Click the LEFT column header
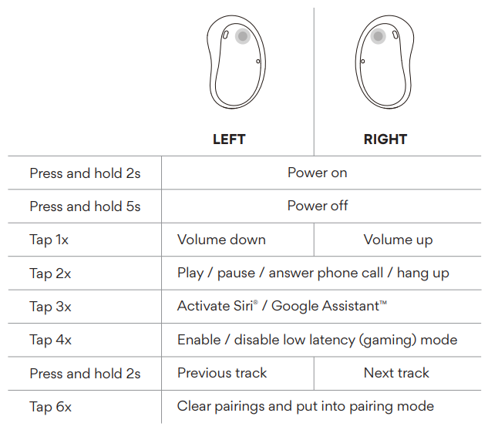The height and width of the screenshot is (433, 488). [229, 139]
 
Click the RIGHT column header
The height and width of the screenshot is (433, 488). [385, 139]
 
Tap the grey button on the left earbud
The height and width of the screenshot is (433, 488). [243, 36]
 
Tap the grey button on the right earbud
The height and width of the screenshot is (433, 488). [378, 36]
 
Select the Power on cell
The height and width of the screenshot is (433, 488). [317, 173]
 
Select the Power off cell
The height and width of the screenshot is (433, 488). [317, 206]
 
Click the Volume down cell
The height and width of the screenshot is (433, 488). [221, 240]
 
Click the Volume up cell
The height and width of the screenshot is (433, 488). [398, 240]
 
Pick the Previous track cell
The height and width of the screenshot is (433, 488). [222, 373]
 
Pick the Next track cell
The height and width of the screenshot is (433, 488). [396, 373]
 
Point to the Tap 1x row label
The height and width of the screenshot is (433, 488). [49, 240]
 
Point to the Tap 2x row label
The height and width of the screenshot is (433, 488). [50, 273]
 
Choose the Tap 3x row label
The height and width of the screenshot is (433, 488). [50, 307]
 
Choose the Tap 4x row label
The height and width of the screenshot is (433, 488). [50, 340]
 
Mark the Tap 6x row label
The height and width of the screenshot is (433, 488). [50, 407]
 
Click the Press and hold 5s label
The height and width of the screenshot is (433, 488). [85, 206]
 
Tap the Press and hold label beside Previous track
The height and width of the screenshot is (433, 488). [85, 374]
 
